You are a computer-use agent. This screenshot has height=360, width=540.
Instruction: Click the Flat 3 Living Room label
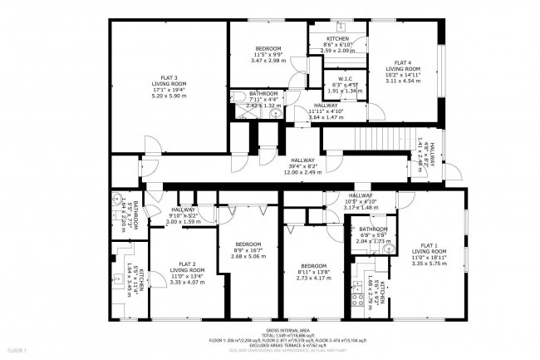[168, 86]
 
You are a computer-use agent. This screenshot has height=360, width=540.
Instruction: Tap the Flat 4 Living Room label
[403, 72]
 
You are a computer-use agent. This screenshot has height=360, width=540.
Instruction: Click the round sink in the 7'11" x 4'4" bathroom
[275, 114]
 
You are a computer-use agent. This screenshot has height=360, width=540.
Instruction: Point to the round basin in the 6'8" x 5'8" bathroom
[387, 248]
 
